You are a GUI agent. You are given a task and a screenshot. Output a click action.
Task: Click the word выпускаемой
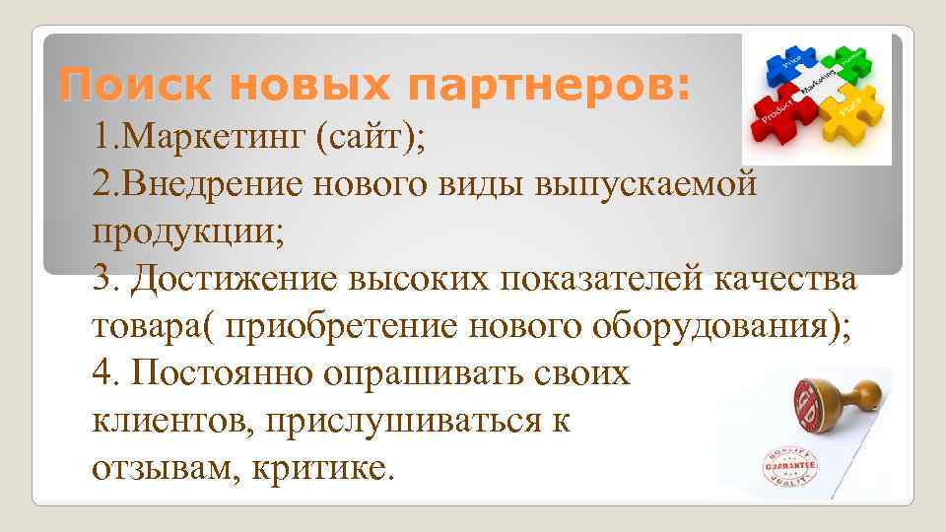pyautogui.click(x=646, y=184)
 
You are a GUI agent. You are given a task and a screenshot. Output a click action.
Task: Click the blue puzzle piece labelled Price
pyautogui.click(x=789, y=66)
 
